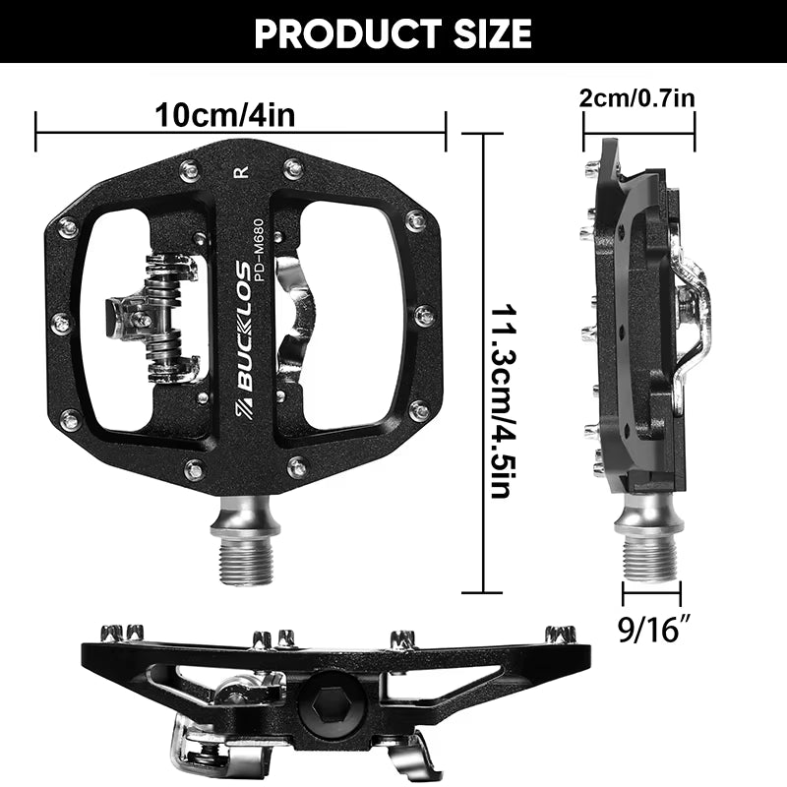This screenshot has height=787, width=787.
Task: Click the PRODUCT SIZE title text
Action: coord(393,33)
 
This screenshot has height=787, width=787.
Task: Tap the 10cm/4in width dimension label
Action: coord(225,115)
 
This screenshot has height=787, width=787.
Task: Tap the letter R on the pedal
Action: coord(242,173)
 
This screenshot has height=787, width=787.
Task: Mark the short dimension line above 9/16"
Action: coord(650,593)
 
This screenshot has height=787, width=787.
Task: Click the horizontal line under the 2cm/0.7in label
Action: coord(639,125)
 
